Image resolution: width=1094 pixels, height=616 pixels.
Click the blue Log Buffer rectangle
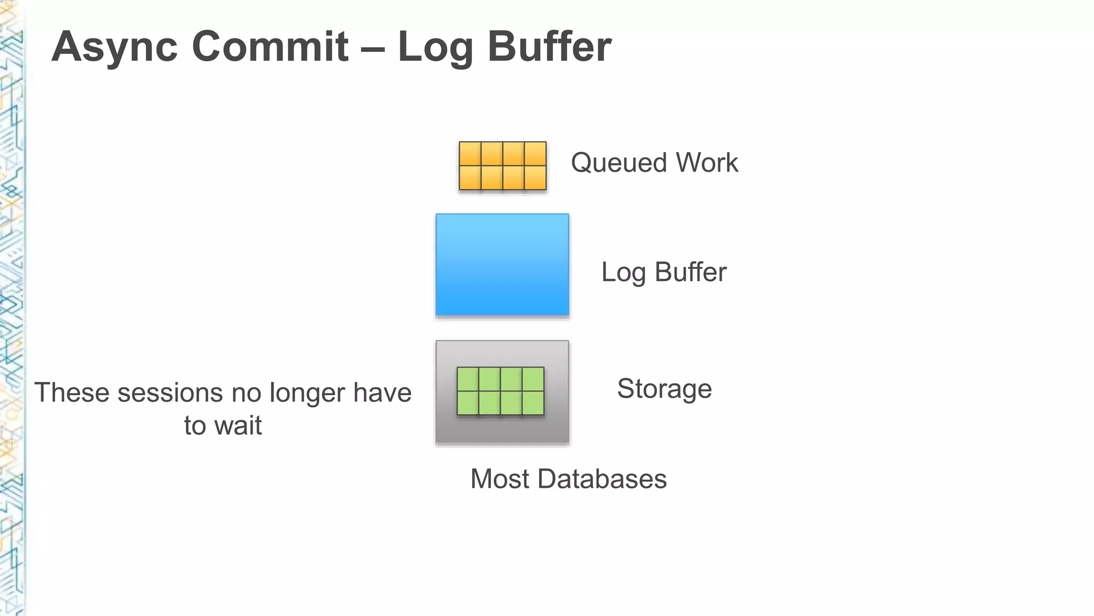pos(502,265)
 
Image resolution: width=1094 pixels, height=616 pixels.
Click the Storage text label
pos(665,389)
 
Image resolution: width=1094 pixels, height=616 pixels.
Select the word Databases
pos(602,479)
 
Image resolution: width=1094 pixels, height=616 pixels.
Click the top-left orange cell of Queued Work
pos(470,154)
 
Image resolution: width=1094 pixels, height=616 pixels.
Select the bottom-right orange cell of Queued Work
pos(535,178)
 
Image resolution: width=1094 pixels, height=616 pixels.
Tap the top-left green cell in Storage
pos(468,379)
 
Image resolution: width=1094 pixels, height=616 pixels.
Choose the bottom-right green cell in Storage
pos(533,403)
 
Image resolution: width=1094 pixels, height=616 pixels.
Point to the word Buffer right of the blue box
pos(690,272)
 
